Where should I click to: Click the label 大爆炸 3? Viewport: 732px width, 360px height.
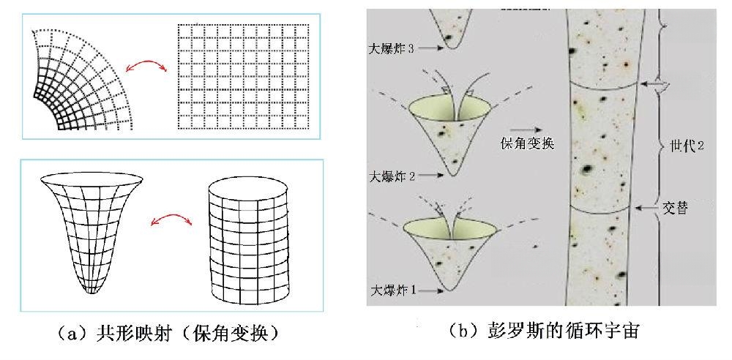point(391,48)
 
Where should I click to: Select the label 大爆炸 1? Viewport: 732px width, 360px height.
point(393,290)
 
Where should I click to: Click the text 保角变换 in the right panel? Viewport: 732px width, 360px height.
point(526,143)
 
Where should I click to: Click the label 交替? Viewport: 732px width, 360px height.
point(676,207)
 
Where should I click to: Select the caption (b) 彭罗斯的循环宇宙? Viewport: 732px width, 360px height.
point(543,331)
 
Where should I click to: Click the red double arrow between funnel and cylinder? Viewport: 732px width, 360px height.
point(171,216)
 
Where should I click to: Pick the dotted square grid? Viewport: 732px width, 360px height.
point(243,77)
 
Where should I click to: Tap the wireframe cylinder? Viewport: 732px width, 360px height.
point(248,242)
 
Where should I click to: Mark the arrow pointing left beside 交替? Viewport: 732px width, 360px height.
point(648,208)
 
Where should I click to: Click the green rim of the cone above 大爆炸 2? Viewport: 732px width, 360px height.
point(450,111)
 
